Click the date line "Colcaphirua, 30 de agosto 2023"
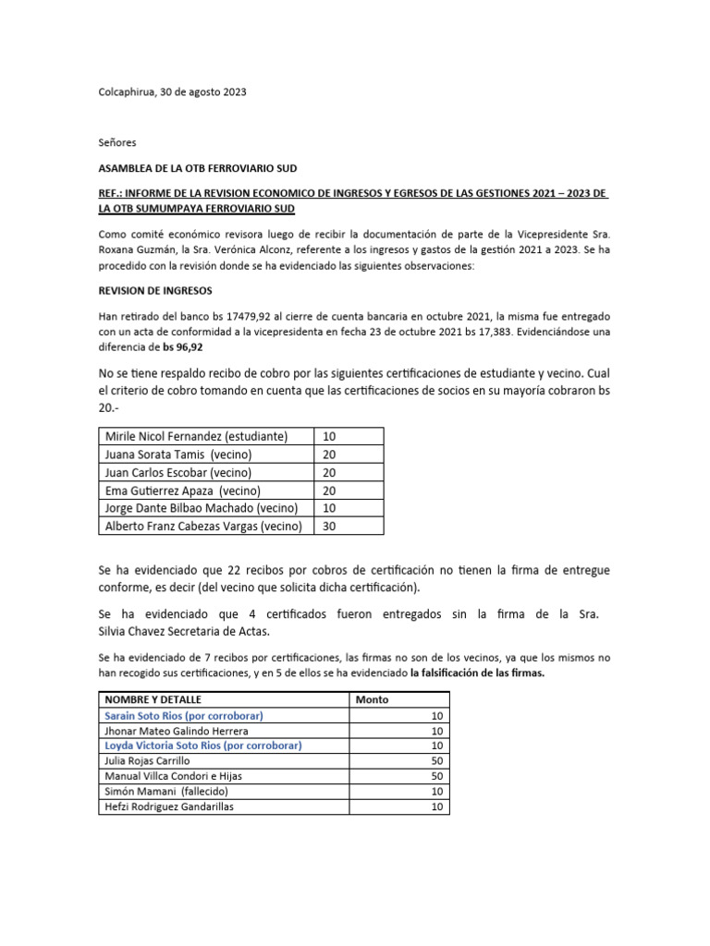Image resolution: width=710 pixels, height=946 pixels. point(173,92)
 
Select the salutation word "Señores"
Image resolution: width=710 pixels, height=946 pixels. point(117,143)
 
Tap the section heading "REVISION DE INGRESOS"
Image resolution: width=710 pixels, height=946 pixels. point(156,289)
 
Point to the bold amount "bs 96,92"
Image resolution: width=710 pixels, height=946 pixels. point(183,348)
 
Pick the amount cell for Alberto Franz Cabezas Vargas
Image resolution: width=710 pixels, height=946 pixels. point(349,527)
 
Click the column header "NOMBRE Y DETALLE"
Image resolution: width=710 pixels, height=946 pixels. point(153,699)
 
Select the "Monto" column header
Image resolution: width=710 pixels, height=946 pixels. point(373,699)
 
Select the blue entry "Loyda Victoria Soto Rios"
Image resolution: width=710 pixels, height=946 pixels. point(203,746)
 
